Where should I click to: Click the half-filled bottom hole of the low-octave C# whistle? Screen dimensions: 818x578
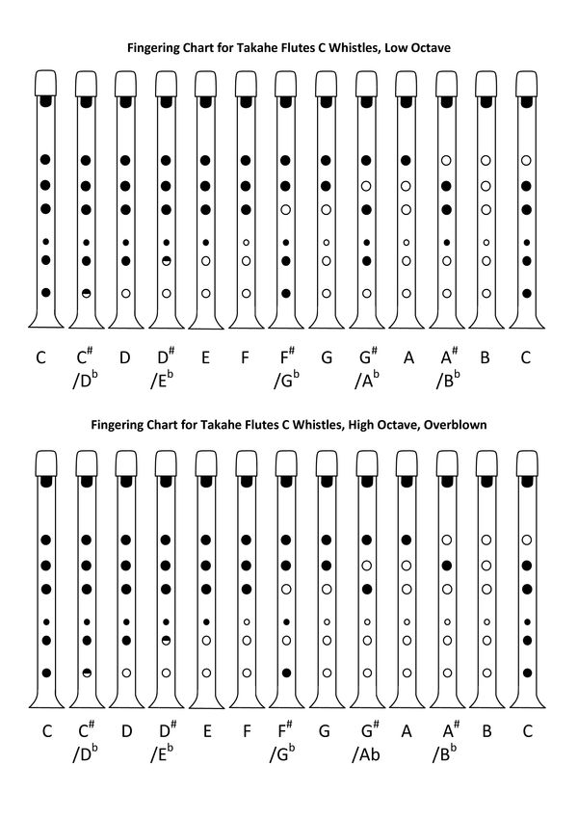click(86, 293)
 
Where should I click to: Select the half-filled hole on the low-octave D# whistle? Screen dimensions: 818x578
click(166, 261)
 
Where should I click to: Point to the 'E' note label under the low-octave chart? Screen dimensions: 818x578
click(205, 358)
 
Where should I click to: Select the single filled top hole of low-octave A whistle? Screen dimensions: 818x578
click(407, 159)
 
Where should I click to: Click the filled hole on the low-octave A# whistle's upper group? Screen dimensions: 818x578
click(446, 184)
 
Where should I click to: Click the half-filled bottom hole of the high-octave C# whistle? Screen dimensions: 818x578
click(86, 673)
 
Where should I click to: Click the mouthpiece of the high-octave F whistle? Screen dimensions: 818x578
click(247, 463)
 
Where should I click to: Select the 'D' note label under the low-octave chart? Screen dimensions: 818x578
click(125, 358)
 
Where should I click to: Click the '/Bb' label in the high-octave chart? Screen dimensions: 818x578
click(447, 753)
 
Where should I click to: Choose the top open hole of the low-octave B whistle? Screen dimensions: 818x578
click(486, 159)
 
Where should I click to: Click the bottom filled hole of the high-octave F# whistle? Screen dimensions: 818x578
click(286, 673)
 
